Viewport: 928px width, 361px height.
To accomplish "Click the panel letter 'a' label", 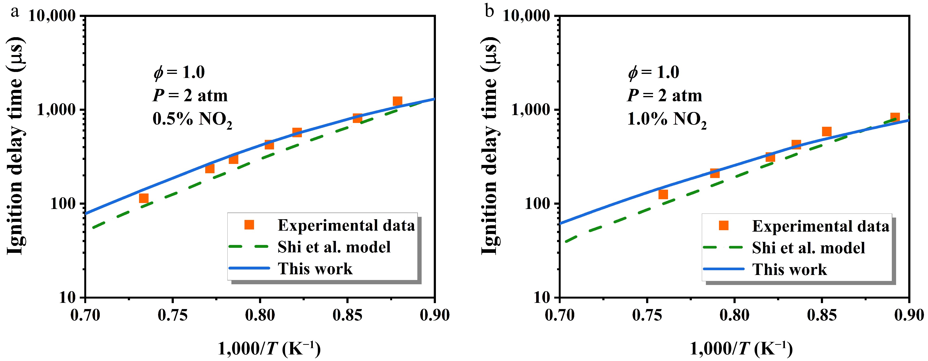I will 15,12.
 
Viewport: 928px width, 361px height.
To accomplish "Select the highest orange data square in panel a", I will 397,101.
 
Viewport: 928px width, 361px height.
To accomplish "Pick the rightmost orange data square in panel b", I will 895,117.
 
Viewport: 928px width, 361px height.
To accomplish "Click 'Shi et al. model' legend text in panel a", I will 334,247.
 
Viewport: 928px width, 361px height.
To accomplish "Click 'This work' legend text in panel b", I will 789,270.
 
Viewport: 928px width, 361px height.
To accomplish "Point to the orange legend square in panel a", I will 249,225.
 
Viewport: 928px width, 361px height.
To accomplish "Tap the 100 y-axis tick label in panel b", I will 538,204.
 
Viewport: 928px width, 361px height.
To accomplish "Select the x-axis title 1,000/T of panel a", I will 269,349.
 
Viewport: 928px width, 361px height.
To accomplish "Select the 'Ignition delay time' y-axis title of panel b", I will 490,144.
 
